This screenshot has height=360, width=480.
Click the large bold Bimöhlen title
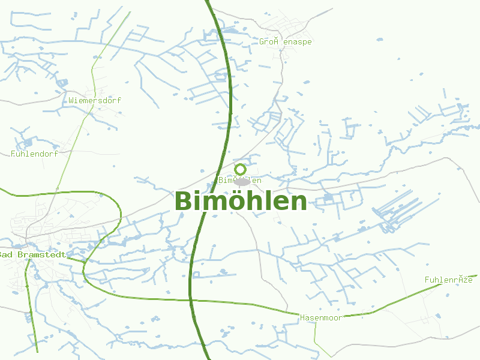point(241,201)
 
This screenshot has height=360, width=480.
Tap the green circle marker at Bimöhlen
point(241,169)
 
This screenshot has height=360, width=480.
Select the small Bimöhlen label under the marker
point(240,180)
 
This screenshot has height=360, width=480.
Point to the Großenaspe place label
point(286,42)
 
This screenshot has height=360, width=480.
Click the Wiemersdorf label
point(95,100)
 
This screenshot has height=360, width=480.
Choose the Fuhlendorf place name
point(34,154)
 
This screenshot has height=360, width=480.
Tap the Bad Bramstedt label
point(32,254)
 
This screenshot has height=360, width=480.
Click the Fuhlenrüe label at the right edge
point(449,280)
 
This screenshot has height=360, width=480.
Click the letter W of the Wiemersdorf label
point(71,100)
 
